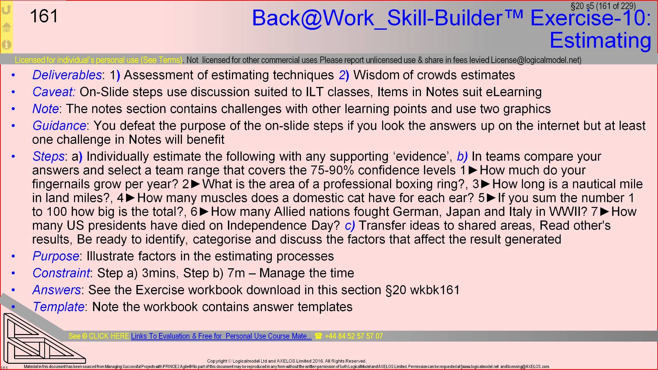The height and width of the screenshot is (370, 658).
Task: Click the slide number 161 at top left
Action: tap(44, 16)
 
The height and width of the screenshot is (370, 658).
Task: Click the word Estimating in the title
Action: tap(600, 40)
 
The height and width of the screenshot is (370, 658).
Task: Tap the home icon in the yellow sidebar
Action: tap(7, 27)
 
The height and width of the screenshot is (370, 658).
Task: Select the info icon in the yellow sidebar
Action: tap(7, 45)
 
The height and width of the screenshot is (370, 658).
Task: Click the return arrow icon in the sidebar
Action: tap(7, 9)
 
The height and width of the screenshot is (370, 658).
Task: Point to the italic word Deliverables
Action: tap(67, 75)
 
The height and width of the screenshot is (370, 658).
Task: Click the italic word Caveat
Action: tap(53, 92)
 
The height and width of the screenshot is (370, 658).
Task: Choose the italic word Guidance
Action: tap(59, 126)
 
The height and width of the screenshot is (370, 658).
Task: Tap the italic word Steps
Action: tap(48, 157)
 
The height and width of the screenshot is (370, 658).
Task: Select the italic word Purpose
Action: tap(56, 256)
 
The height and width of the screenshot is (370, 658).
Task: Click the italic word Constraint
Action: tap(61, 273)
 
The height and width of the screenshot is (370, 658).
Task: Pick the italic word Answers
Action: tap(57, 290)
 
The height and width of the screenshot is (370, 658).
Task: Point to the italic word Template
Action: tap(58, 307)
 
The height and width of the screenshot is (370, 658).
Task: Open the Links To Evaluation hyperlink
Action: tap(221, 336)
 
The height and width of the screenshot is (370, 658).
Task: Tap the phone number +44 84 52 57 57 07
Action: tap(353, 336)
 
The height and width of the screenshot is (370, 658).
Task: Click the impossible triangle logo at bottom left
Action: tap(43, 339)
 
